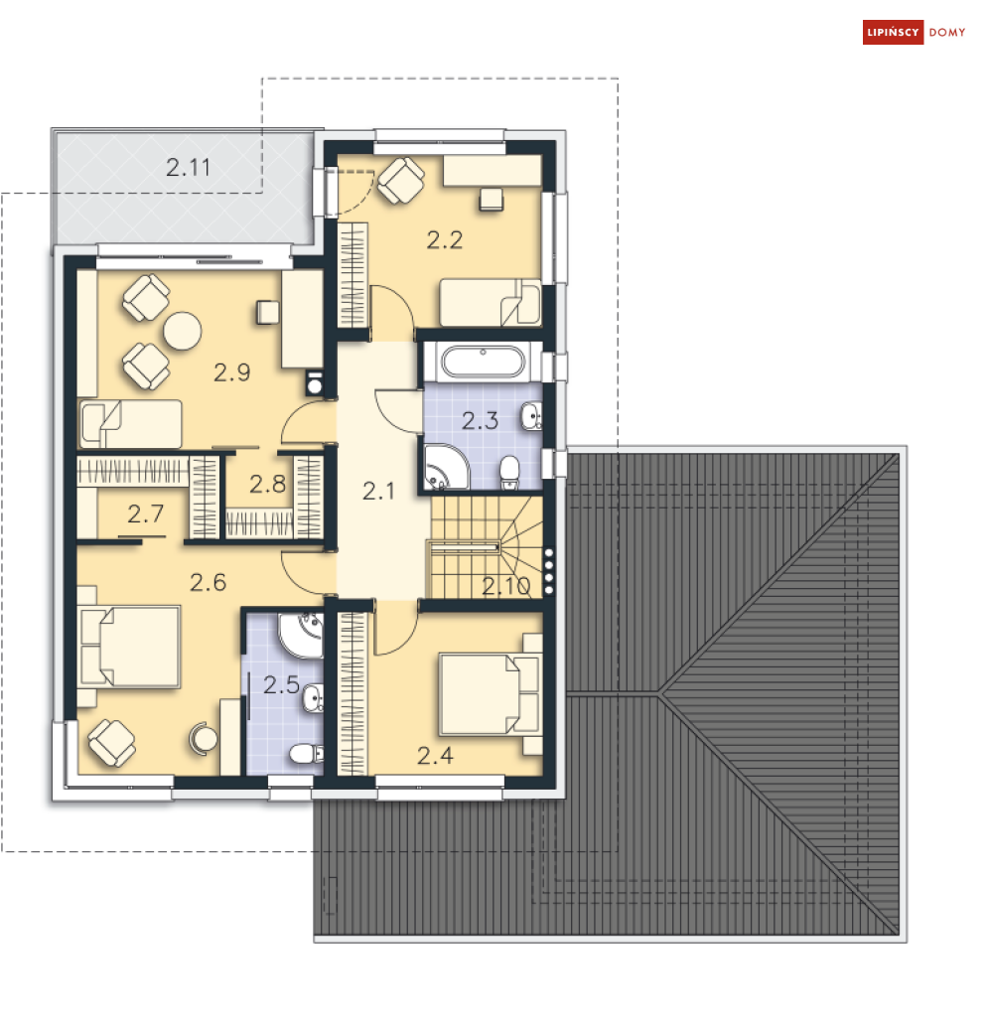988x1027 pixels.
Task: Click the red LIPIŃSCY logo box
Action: click(x=893, y=32)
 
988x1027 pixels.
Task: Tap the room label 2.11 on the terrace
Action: click(x=188, y=168)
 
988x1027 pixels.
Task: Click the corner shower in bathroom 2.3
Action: click(x=446, y=468)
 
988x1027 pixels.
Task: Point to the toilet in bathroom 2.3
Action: click(x=509, y=473)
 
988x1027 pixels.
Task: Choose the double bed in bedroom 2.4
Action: click(x=490, y=694)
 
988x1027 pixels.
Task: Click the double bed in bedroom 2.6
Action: click(x=129, y=648)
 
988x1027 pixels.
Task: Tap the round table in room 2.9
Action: click(x=182, y=332)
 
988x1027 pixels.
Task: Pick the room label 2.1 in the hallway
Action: click(x=378, y=492)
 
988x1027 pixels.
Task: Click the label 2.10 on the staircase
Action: click(x=506, y=586)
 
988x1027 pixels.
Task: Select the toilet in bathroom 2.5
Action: click(x=307, y=754)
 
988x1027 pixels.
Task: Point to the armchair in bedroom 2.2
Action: click(x=401, y=180)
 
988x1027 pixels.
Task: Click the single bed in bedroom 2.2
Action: click(x=491, y=303)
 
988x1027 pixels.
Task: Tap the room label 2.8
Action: click(x=267, y=484)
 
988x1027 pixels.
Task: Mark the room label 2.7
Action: click(x=145, y=514)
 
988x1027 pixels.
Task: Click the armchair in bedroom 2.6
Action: click(x=111, y=743)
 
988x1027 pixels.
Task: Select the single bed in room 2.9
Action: click(x=130, y=424)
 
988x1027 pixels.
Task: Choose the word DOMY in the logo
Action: click(x=946, y=32)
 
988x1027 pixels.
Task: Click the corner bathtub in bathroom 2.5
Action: click(x=301, y=635)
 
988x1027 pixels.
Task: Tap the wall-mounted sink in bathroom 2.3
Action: click(x=531, y=417)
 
